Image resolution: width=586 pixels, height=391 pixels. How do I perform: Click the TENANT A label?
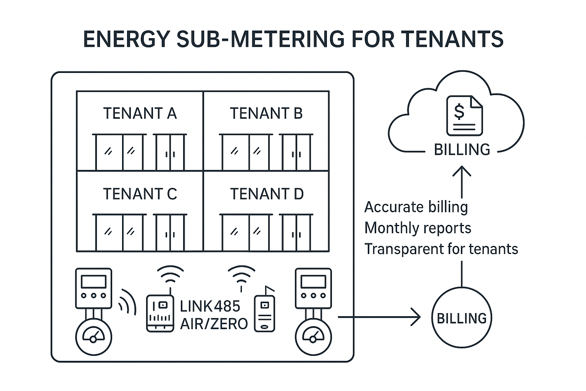tap(140, 113)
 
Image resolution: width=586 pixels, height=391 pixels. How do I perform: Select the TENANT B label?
tap(266, 113)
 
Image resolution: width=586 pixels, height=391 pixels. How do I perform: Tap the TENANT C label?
tap(140, 194)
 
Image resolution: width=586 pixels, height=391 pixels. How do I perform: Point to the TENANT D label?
tap(266, 194)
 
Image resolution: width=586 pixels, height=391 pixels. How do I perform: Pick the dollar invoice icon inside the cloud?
tap(464, 115)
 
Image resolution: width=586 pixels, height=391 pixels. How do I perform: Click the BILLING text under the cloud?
tap(462, 149)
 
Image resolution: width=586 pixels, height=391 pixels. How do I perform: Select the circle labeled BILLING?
tap(462, 318)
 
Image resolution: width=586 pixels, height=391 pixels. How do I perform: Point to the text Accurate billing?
tap(416, 207)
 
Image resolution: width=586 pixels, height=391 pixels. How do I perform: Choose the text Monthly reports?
tap(418, 228)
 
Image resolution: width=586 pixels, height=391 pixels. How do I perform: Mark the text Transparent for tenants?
tap(441, 249)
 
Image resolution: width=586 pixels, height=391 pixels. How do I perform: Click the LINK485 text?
tap(210, 306)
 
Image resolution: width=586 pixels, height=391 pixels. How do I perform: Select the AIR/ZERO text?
tap(214, 324)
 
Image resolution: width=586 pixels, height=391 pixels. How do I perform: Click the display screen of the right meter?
tap(313, 282)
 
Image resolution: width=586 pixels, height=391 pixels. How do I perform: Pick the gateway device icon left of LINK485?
tap(160, 313)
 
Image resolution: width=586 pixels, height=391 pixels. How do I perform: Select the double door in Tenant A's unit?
tap(170, 152)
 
